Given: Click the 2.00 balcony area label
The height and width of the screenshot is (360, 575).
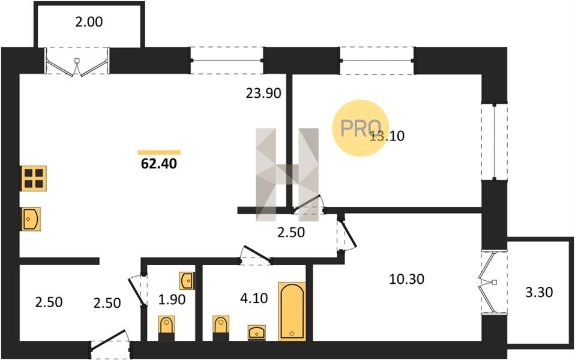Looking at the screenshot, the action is point(89,22).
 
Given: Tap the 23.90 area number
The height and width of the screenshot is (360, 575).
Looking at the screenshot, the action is point(263,94).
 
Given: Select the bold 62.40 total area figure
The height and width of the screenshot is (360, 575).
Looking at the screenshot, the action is point(159,164).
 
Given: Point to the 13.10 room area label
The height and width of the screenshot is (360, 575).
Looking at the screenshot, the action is point(387,136).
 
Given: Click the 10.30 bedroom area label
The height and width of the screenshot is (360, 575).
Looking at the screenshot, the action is point(406,280).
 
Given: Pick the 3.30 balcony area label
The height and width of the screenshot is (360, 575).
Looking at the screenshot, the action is point(539,293).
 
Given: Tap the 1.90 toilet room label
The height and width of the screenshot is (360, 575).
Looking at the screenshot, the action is point(172,299).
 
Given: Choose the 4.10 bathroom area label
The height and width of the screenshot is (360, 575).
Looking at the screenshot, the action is point(254,298).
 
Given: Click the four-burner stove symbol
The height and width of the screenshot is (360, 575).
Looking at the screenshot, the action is point(34,179).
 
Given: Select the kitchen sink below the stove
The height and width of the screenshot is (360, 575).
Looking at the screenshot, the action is point(31,219).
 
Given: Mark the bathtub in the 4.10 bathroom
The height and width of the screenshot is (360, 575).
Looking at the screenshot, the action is point(292,311).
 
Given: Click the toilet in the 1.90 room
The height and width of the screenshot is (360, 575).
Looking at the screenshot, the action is point(166,328).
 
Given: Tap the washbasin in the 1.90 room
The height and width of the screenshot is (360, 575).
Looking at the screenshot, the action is point(187,280).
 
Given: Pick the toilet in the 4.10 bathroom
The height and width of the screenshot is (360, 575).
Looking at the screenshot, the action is point(221,328).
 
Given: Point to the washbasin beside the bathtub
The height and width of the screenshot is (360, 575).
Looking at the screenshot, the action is point(257,332).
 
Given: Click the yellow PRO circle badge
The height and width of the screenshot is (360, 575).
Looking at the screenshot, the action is point(361,128).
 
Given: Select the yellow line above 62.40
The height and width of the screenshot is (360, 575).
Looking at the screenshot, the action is point(159,152).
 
